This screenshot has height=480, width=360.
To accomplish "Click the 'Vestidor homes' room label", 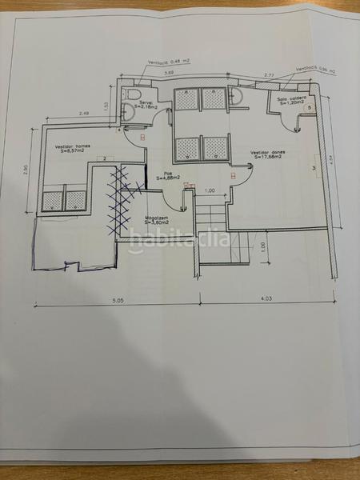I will (x=72, y=147).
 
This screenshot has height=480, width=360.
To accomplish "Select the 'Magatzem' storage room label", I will (x=156, y=217).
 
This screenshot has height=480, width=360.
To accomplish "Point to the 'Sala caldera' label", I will (x=291, y=99).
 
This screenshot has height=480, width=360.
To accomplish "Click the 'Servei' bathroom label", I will (x=146, y=102).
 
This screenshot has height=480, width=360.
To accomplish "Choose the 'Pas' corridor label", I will (x=169, y=174).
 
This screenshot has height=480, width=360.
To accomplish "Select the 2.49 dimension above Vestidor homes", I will (x=84, y=114).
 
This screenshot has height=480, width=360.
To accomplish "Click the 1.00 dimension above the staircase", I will (x=210, y=190).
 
